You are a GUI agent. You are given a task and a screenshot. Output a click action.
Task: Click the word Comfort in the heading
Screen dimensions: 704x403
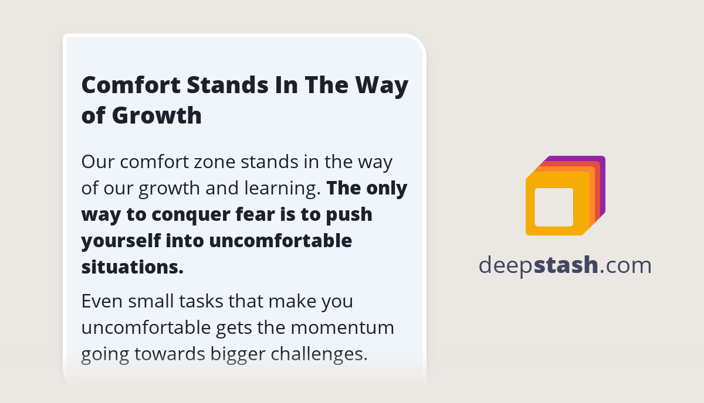(x=131, y=85)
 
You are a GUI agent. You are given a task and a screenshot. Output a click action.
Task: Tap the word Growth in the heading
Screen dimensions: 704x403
(x=157, y=115)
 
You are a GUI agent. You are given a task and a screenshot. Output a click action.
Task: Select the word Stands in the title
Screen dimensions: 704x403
(x=228, y=85)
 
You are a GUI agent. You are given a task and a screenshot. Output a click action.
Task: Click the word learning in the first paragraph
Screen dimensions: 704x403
(x=282, y=188)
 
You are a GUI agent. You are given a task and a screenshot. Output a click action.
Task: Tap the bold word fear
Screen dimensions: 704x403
(x=255, y=214)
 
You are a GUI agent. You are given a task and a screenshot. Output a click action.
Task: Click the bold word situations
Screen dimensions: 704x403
(x=133, y=267)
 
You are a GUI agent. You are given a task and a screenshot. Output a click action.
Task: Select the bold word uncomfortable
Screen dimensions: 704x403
(x=280, y=241)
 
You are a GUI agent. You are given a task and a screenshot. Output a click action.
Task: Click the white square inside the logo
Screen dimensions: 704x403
(x=554, y=207)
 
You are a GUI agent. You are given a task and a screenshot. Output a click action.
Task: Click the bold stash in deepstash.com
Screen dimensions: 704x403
(x=566, y=265)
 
